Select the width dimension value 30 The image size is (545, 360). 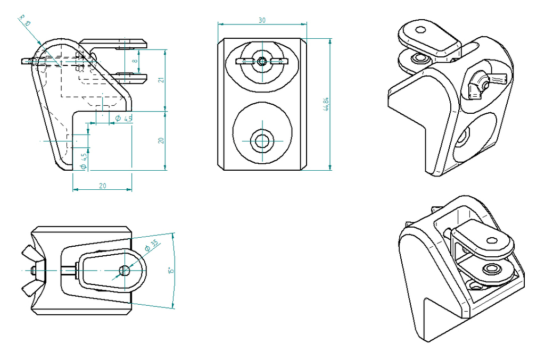262,20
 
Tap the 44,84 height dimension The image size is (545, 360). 326,104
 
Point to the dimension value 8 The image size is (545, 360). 135,61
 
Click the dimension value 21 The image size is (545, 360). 161,80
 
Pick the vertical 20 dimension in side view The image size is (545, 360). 161,140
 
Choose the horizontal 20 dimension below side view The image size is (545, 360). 102,186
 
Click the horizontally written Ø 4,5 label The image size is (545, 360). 123,118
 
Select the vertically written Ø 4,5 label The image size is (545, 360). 83,161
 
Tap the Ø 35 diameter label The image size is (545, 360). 151,246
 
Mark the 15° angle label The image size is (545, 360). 170,270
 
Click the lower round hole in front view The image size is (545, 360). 262,141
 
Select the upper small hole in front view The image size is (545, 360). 261,61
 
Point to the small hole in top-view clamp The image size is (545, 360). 125,270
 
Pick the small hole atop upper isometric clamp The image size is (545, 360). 421,30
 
